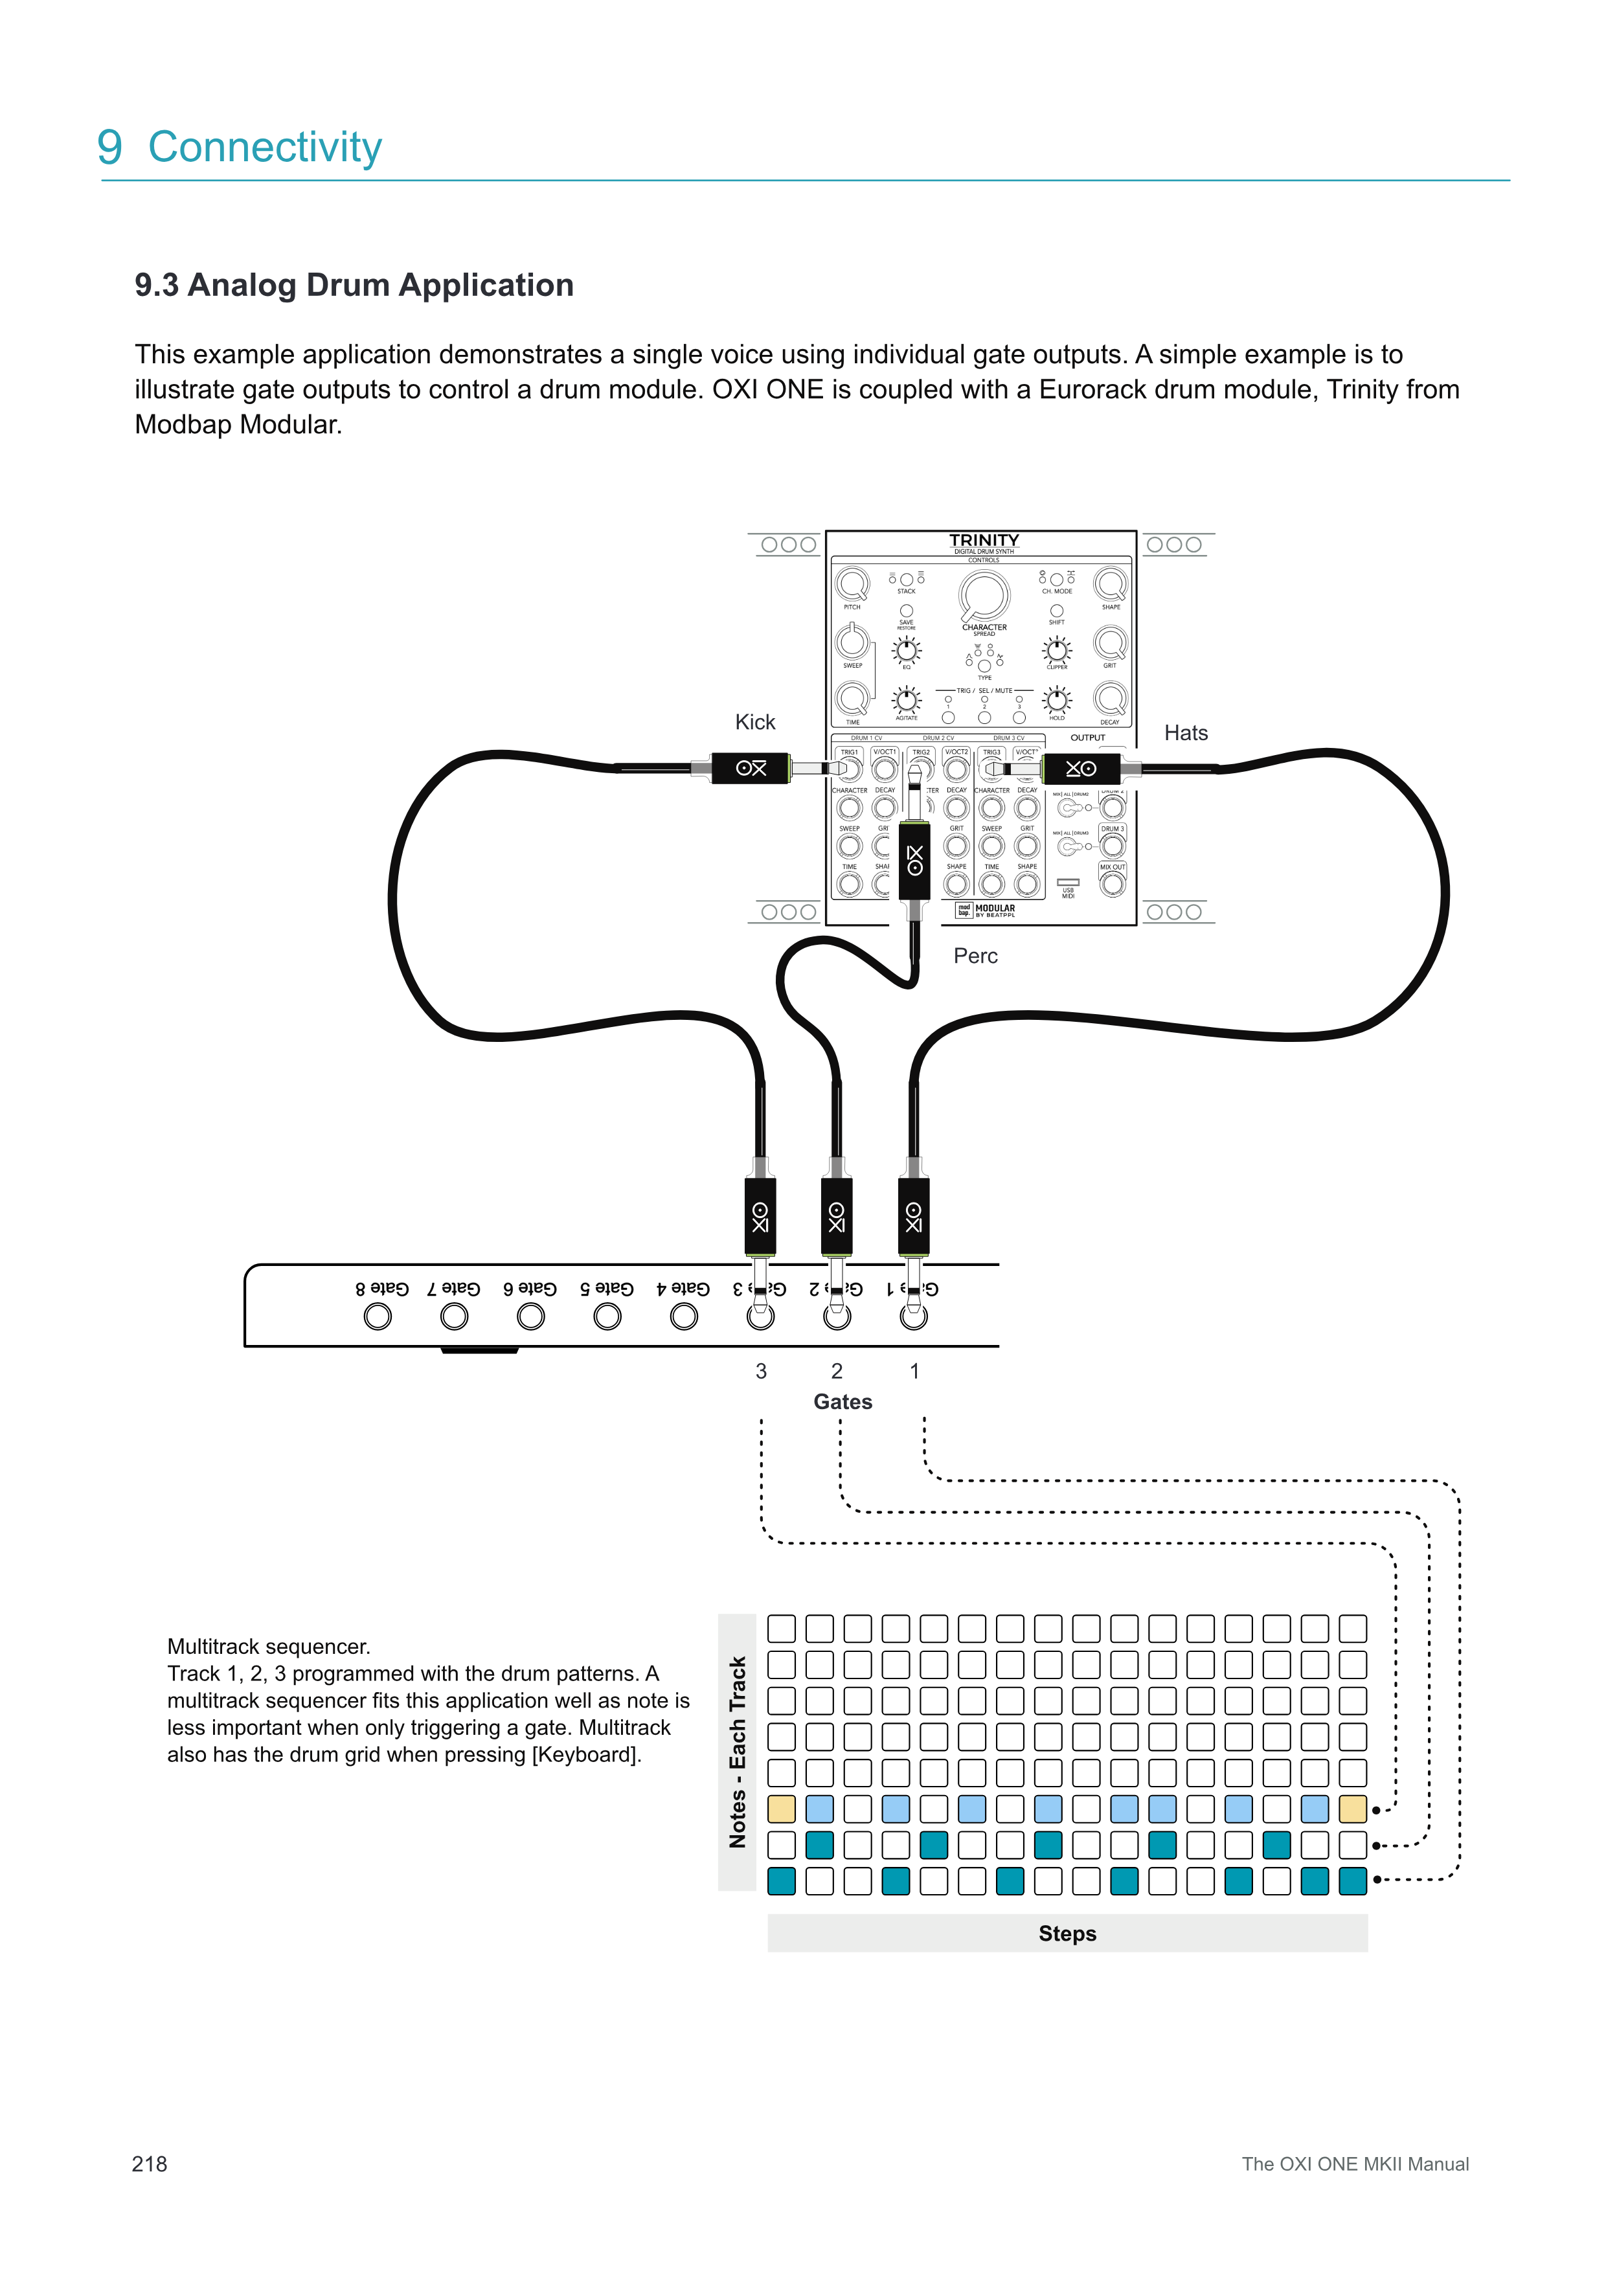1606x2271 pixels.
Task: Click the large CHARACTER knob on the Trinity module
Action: pyautogui.click(x=984, y=596)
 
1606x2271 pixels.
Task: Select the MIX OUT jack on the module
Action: pyautogui.click(x=1113, y=883)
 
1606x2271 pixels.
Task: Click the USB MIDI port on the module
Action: pyautogui.click(x=1068, y=882)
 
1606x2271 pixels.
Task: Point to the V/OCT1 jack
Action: pyautogui.click(x=884, y=769)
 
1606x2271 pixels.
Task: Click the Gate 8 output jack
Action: pyautogui.click(x=378, y=1316)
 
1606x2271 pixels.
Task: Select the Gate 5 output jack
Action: pyautogui.click(x=607, y=1316)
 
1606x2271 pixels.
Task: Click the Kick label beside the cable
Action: pyautogui.click(x=754, y=722)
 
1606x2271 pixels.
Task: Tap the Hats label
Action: pyautogui.click(x=1186, y=733)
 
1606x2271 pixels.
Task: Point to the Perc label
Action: pyautogui.click(x=975, y=956)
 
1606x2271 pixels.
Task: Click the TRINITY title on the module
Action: pyautogui.click(x=984, y=540)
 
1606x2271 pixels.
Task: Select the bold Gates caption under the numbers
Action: pyautogui.click(x=843, y=1401)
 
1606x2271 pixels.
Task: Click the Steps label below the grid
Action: pyautogui.click(x=1067, y=1934)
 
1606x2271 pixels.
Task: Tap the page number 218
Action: pyautogui.click(x=150, y=2164)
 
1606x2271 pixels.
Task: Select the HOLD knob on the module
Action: pyautogui.click(x=1057, y=700)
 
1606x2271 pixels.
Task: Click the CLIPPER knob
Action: pyautogui.click(x=1057, y=650)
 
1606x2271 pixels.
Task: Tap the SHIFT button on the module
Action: pyautogui.click(x=1056, y=611)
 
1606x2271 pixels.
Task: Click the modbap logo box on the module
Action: pyautogui.click(x=963, y=910)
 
